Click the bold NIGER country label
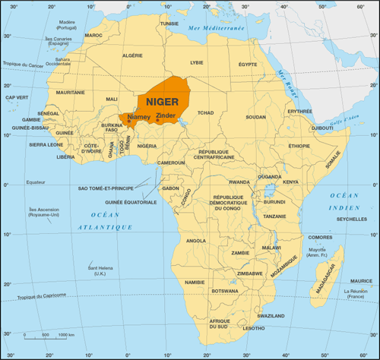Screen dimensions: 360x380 [162, 100]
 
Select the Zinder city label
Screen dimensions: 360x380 [165, 115]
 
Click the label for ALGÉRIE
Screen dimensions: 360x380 [133, 55]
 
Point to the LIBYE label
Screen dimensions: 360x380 [197, 62]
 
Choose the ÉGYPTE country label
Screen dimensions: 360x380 [249, 65]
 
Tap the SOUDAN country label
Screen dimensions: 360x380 [256, 117]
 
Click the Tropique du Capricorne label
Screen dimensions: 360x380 [38, 295]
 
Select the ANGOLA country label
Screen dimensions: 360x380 [196, 241]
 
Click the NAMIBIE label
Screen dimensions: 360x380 [195, 282]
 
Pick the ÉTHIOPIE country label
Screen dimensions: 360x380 [299, 145]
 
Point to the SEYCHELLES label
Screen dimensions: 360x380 [351, 220]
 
